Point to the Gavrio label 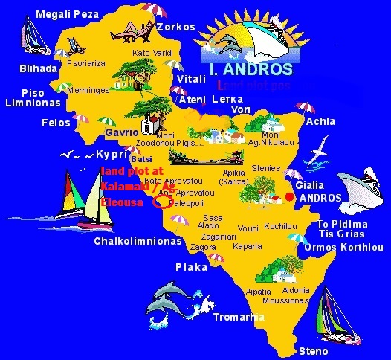[x=122, y=132]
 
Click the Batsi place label [x=140, y=158]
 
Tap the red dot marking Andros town [x=289, y=196]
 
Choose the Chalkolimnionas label [x=138, y=241]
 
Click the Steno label [x=311, y=350]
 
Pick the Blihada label [x=38, y=68]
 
